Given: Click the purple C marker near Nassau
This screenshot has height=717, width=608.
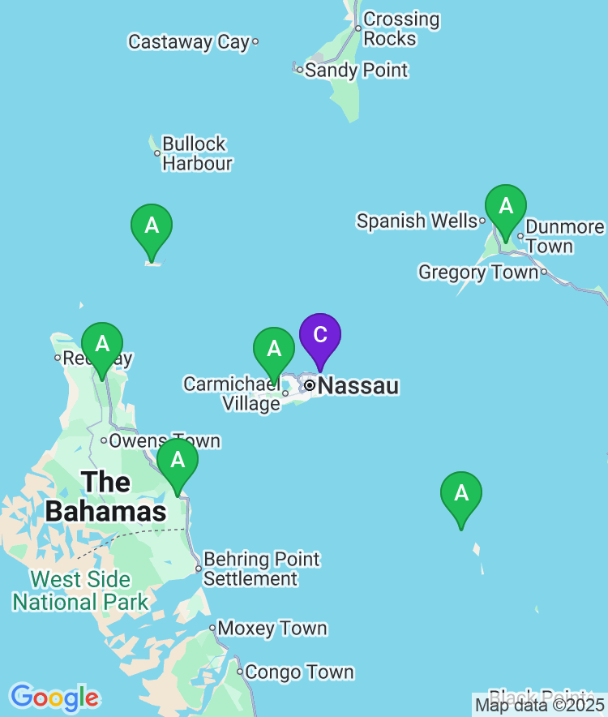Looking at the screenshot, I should [320, 336].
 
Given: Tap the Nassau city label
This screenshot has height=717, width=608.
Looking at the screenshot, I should [358, 386].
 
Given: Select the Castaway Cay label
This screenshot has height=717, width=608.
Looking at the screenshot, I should [189, 42].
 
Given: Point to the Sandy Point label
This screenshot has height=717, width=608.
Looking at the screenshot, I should [357, 71].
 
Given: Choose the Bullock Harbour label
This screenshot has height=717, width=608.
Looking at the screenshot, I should [197, 153].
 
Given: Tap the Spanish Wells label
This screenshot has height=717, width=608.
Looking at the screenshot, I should [417, 221].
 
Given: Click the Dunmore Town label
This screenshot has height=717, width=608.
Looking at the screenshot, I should [564, 237].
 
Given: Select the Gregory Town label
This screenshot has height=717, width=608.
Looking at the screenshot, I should [478, 273].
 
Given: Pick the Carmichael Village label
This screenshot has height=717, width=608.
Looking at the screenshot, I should [232, 393].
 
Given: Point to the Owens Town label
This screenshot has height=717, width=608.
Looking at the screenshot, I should [165, 441].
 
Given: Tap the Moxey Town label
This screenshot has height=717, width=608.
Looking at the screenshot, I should [272, 629].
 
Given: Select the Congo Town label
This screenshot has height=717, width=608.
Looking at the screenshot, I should [299, 672].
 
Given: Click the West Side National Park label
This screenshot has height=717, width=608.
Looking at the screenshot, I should [80, 590].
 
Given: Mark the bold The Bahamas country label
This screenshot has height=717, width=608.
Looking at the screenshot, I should [105, 496].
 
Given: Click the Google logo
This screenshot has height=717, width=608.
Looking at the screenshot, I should [54, 697].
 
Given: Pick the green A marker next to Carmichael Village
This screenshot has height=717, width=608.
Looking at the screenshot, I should [274, 350].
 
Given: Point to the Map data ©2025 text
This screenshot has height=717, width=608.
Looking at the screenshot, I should [539, 704].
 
